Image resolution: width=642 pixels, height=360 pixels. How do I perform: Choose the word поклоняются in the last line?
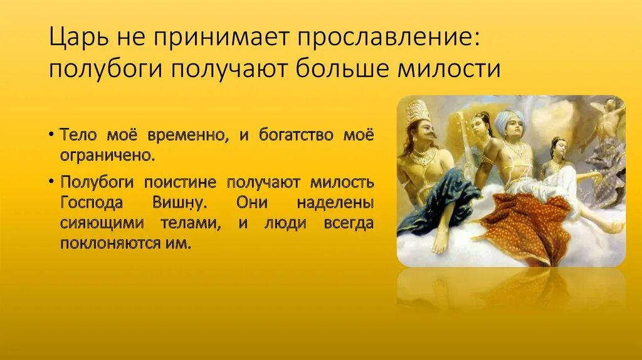pos(114,243)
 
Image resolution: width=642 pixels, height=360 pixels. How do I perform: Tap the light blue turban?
pos(509,119)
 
